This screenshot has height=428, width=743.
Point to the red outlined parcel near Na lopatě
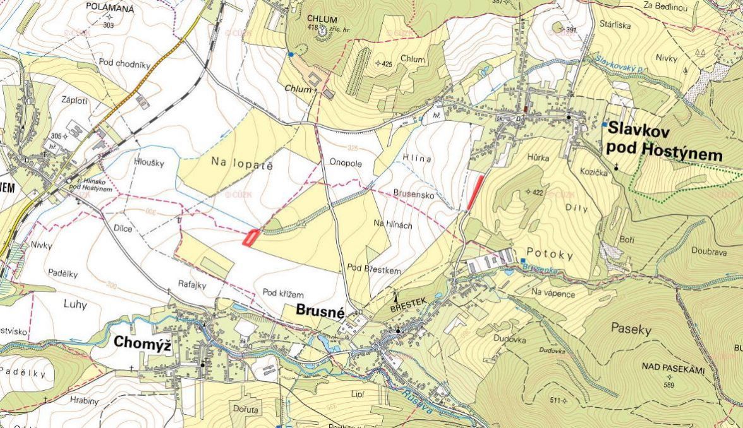point(251,237)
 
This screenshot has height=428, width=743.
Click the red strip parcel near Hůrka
point(476,192)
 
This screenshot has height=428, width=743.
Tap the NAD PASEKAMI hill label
point(672,367)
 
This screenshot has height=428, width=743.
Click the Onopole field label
point(345,162)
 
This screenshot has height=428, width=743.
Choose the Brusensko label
point(413,196)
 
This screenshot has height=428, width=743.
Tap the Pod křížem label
point(283,294)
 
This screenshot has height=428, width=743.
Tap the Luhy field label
point(75,305)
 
